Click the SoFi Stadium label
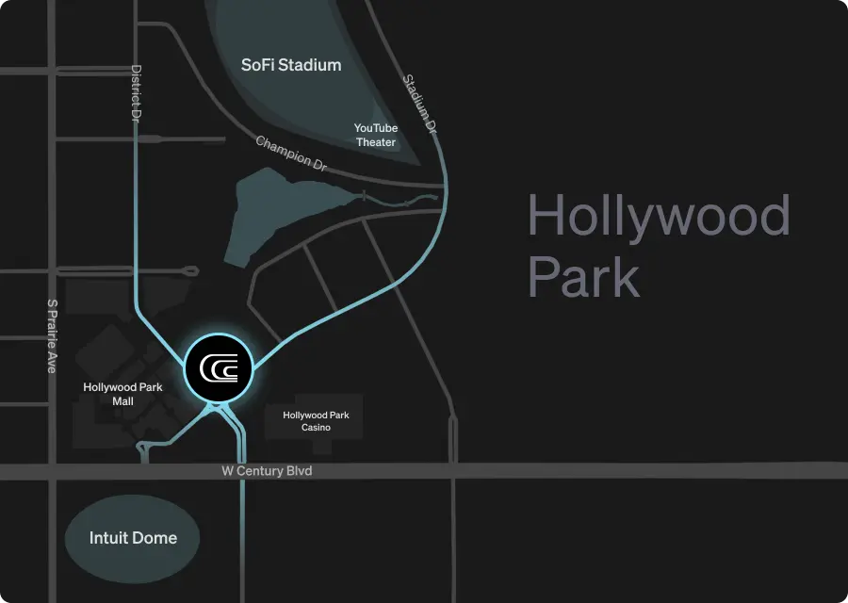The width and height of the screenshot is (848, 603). [290, 66]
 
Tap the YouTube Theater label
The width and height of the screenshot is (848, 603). [376, 135]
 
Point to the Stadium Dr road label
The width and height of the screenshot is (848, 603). [421, 102]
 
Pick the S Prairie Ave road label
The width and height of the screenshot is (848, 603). [52, 336]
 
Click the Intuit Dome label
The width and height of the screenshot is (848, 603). [133, 538]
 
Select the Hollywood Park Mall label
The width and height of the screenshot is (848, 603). [122, 394]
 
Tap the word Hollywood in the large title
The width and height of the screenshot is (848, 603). [659, 216]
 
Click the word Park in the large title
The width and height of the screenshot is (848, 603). [584, 277]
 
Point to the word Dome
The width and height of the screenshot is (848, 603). [155, 538]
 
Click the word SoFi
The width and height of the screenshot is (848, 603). [259, 66]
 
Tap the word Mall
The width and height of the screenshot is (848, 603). [122, 401]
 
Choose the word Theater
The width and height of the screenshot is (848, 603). [376, 142]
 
